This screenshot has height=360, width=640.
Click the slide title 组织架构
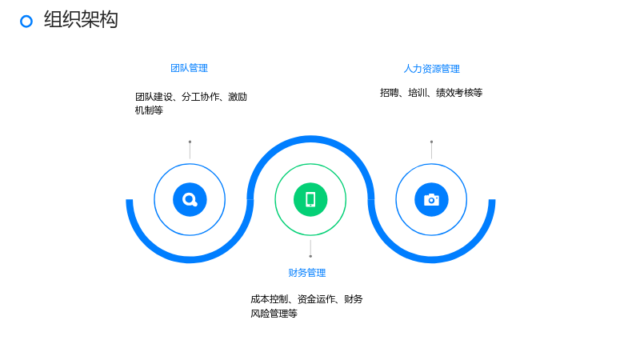pos(81,19)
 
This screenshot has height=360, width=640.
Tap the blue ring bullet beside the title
pos(26,22)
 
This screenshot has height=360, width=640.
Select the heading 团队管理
pos(189,68)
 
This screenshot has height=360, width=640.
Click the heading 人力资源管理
pos(431,69)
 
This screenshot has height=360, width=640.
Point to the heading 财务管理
pos(307,273)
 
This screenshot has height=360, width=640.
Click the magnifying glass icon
pos(190,199)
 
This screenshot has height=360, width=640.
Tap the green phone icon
pos(310,199)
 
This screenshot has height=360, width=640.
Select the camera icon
pos(431,199)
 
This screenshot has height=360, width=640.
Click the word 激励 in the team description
pos(238,97)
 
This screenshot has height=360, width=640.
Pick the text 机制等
pos(149,110)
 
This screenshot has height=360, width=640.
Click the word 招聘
pos(390,93)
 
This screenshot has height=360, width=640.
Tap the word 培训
pos(418,93)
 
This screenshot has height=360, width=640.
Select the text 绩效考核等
pos(459,93)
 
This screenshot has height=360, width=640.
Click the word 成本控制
pos(270,299)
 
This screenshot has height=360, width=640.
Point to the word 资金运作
pos(316,299)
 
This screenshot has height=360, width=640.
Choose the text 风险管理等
pos(274,314)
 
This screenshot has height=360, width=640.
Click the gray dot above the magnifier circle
pos(190,142)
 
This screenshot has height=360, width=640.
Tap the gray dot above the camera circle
pos(431,142)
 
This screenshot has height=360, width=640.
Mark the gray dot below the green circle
pos(310,256)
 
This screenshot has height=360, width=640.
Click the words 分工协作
pos(201,97)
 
